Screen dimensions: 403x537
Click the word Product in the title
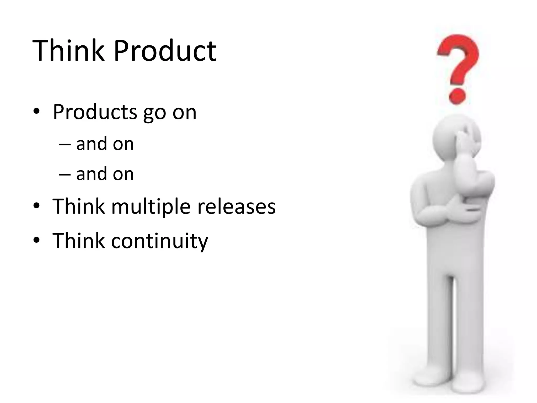(x=165, y=50)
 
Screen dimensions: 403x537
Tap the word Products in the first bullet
(x=95, y=112)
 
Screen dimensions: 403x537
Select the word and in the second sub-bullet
(x=92, y=174)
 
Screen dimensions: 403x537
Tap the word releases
(x=236, y=206)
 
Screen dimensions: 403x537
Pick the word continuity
(x=159, y=241)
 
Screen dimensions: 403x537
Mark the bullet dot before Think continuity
(x=36, y=240)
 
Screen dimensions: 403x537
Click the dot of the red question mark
(x=457, y=96)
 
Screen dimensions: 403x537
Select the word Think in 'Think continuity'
(x=78, y=241)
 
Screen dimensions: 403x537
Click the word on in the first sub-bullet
(x=123, y=145)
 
